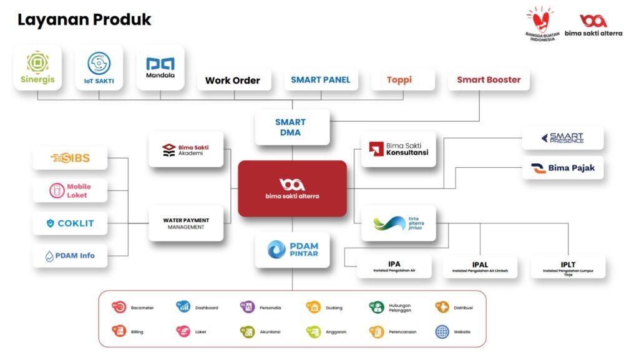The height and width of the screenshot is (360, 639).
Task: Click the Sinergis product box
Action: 37,67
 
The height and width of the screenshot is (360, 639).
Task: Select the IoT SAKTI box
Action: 99,67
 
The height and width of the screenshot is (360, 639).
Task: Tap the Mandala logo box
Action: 160,67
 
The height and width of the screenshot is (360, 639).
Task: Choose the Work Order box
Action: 233,80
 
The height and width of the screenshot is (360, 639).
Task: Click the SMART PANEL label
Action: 321,80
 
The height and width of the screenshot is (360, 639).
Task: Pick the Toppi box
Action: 399,80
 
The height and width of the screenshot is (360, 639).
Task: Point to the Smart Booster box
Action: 489,80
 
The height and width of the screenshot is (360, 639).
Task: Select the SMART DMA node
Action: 291,127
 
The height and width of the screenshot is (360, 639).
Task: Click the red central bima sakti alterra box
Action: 292,188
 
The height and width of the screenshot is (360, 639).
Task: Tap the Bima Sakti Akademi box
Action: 186,149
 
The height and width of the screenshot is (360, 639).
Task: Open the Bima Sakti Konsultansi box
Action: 399,149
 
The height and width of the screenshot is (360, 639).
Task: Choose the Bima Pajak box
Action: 563,168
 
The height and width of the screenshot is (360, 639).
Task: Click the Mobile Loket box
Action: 70,190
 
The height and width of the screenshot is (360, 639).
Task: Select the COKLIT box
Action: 70,223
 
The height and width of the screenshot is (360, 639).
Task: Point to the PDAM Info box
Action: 70,256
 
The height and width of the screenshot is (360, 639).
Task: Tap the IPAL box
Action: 480,266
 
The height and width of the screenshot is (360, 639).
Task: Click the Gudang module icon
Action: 313,307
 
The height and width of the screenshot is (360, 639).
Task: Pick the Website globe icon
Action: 442,331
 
